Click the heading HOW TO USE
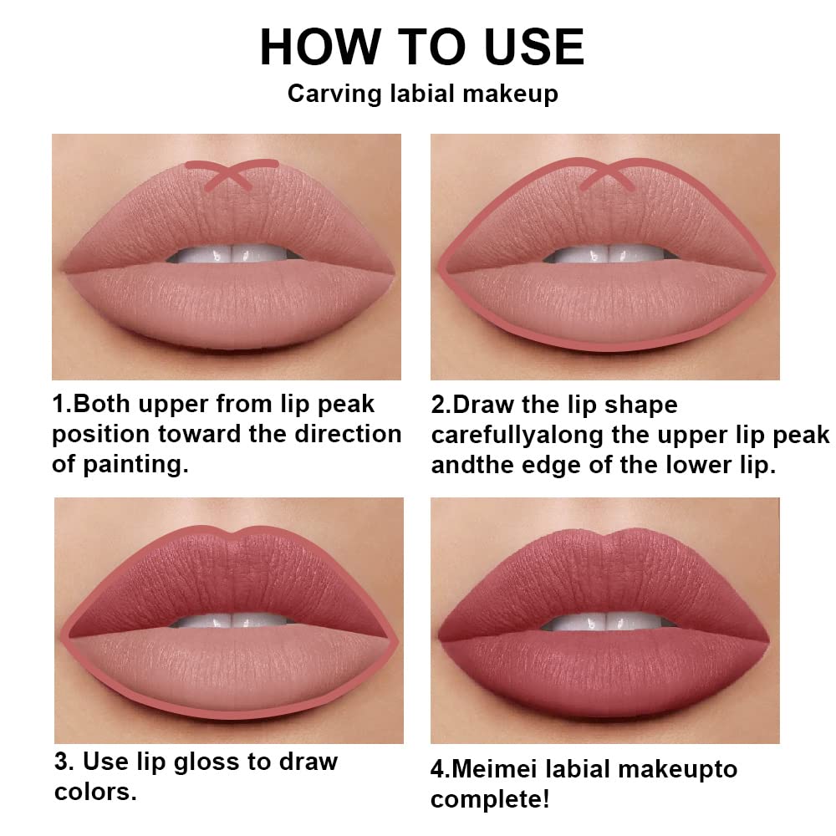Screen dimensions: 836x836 click(x=421, y=47)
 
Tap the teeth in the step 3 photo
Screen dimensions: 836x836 click(x=230, y=620)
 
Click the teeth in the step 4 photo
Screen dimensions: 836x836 click(x=606, y=620)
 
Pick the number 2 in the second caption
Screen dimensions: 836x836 click(x=439, y=405)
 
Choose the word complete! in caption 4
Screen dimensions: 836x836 click(x=490, y=799)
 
